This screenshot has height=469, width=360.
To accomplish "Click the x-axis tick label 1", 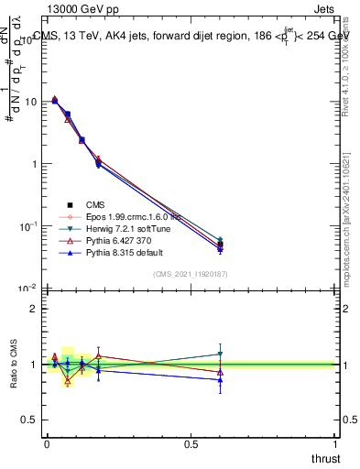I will pos(337,443).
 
